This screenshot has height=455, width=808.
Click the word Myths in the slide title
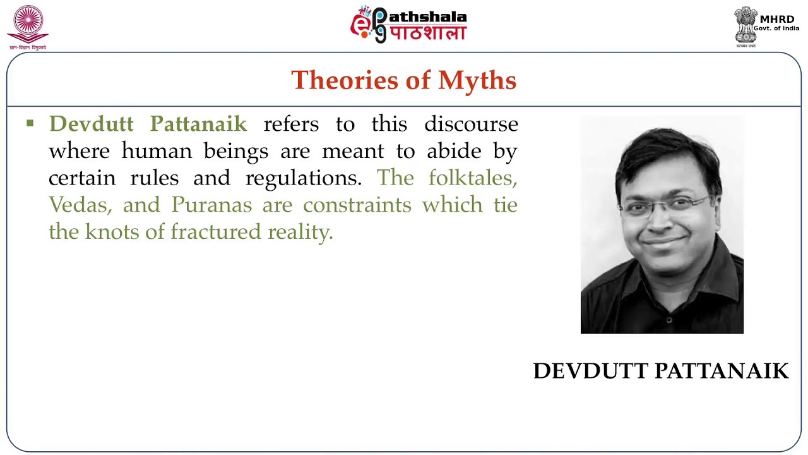point(477,81)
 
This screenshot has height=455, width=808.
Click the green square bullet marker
point(30,123)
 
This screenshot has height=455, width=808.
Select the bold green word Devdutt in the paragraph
point(91,124)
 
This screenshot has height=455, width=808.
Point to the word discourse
point(471,124)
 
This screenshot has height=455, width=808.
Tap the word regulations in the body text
point(303,178)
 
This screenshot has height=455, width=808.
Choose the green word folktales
point(473,178)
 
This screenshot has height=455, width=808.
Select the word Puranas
point(211,205)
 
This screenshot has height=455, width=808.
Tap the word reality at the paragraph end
point(300,233)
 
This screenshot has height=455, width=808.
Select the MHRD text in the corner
point(777,19)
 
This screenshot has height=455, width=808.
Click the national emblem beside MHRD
point(745,25)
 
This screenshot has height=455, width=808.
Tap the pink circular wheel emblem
point(28,23)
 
